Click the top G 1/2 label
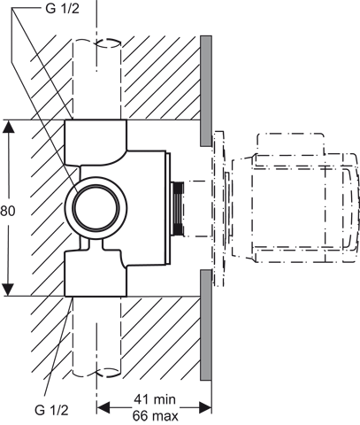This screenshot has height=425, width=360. (63, 9)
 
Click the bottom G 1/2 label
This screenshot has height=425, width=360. (51, 410)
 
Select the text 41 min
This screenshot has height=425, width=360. (155, 399)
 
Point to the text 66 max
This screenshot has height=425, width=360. (156, 416)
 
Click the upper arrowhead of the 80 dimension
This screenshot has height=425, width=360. (9, 127)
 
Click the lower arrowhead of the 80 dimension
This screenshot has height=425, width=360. (8, 289)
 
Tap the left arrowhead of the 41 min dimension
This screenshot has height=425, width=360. (103, 408)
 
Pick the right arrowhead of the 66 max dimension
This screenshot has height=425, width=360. (205, 408)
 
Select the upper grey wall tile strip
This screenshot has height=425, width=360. (206, 91)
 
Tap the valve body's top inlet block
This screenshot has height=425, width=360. (96, 142)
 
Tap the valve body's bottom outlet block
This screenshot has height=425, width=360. (96, 273)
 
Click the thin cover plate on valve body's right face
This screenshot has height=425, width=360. (168, 209)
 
